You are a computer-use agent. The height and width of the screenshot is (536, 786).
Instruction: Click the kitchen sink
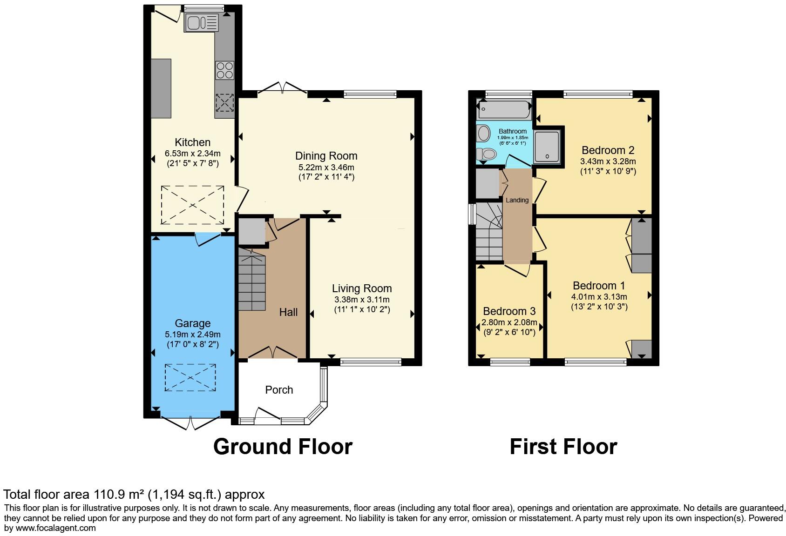pos(202,23)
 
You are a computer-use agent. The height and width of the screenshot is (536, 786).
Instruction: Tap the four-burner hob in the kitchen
pos(224,70)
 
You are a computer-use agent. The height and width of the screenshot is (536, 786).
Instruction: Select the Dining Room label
pos(326,156)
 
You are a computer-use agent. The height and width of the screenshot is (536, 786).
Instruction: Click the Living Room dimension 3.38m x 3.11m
pos(362,300)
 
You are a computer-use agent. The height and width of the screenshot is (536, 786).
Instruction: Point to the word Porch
pos(279,390)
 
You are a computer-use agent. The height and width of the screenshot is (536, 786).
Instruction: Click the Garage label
pos(193,323)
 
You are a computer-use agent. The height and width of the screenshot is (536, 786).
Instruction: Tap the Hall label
pos(288,312)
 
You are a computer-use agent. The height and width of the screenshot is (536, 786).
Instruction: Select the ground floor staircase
pos(252,279)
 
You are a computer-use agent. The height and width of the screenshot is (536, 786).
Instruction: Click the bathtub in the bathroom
pos(504,109)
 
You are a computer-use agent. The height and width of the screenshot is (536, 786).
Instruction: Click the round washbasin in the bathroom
pos(483,134)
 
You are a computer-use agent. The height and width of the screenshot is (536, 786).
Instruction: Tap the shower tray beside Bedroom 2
pos(547,147)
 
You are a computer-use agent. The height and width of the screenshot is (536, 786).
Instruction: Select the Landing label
pos(517,200)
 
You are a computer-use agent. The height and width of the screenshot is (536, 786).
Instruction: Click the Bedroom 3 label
pos(509,311)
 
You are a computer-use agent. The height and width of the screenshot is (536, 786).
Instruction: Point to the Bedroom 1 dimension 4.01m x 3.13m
pos(599,296)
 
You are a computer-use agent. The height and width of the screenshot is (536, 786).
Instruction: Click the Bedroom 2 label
pos(608,150)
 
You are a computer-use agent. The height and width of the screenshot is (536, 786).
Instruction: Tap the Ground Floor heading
pos(283,447)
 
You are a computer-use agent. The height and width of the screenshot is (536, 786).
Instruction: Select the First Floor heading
pos(563,447)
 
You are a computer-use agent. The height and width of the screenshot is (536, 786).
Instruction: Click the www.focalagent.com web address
pos(55,528)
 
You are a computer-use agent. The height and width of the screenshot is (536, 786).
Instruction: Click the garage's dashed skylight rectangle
pos(190,377)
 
